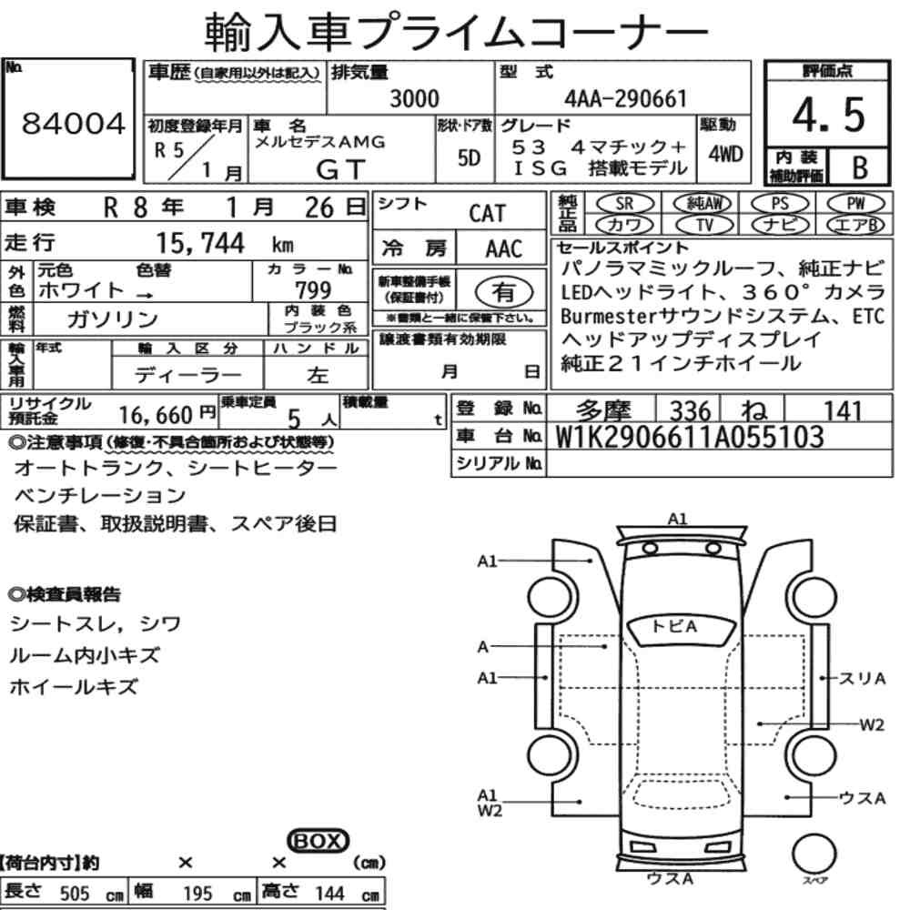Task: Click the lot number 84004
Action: point(73,124)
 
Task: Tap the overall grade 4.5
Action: point(828,115)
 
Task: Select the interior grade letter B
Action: point(860,167)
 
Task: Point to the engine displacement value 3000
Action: point(414,98)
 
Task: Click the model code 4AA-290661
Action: point(626,98)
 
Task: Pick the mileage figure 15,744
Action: point(200,243)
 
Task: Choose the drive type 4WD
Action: point(725,155)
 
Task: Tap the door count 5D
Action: point(469,157)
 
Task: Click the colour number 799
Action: point(313,289)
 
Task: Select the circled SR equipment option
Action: point(624,203)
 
